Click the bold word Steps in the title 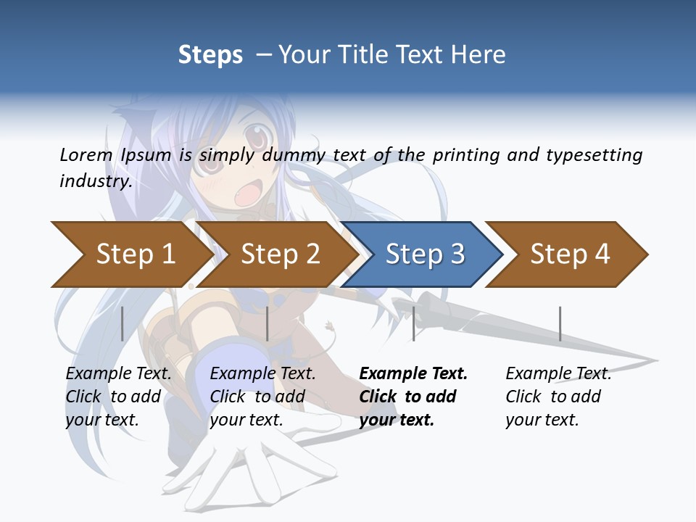click(x=210, y=55)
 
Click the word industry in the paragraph click(x=96, y=181)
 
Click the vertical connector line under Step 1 click(x=123, y=323)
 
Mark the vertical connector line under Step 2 click(x=268, y=323)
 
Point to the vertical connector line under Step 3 click(x=413, y=323)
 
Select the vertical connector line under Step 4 click(x=560, y=323)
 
